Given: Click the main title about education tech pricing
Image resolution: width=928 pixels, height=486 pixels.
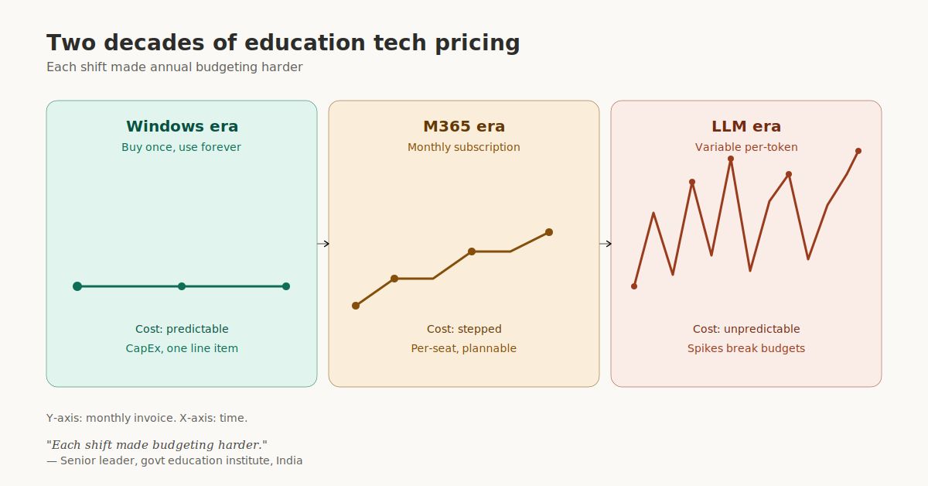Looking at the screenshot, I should click(x=283, y=43).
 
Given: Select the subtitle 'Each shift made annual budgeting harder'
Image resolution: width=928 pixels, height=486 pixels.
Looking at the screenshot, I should click(x=174, y=67).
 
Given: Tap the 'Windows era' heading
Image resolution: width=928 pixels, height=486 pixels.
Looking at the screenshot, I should click(x=182, y=126).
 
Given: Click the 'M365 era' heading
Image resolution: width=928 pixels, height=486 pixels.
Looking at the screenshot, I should click(x=464, y=126).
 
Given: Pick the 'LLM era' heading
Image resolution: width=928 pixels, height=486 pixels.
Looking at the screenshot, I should click(x=746, y=126).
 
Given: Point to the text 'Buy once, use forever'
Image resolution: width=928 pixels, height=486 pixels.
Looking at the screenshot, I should click(x=182, y=147).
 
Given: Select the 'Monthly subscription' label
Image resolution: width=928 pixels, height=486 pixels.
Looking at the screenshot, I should click(x=464, y=147).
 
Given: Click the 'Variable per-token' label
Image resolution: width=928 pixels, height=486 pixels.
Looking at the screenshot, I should click(x=746, y=147).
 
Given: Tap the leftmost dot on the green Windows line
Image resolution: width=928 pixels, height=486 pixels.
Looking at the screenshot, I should click(x=77, y=286).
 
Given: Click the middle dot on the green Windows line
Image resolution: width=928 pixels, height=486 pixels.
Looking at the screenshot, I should click(x=182, y=286).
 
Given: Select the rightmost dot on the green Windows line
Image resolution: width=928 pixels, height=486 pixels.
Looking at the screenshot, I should click(x=286, y=286).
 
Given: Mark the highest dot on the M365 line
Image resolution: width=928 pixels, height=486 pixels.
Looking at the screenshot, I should click(x=549, y=232).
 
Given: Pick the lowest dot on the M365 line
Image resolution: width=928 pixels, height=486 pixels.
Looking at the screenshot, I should click(x=356, y=306).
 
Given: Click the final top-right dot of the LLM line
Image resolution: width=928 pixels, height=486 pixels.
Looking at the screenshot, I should click(x=858, y=151).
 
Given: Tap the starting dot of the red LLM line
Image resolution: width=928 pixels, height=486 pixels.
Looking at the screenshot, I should click(x=634, y=286).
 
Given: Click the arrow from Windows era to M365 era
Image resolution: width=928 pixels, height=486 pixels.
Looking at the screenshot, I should click(x=323, y=244).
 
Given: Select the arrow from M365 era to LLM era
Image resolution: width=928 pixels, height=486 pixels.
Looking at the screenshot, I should click(x=606, y=244).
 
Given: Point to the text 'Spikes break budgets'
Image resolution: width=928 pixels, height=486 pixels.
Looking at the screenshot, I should click(x=746, y=348).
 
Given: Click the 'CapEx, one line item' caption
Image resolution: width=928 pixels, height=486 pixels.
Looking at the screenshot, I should click(x=182, y=348).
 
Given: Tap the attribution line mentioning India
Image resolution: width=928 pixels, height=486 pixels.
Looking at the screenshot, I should click(x=174, y=460).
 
